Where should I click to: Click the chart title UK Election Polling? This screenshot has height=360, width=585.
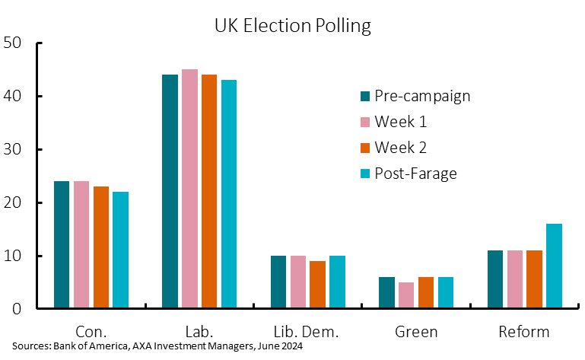point(292,26)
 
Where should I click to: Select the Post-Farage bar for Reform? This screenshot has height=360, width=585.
point(555,266)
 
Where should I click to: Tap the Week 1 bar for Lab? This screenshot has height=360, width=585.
point(189,189)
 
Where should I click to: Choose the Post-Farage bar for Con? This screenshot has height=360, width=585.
point(120,250)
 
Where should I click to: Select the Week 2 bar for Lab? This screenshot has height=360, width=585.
point(209,191)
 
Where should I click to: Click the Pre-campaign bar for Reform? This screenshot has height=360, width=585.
point(495,279)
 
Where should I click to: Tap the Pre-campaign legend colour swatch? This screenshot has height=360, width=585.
point(365,97)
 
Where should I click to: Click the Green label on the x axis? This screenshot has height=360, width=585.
point(417,332)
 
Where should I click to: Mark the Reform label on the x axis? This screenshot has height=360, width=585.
point(525,332)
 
